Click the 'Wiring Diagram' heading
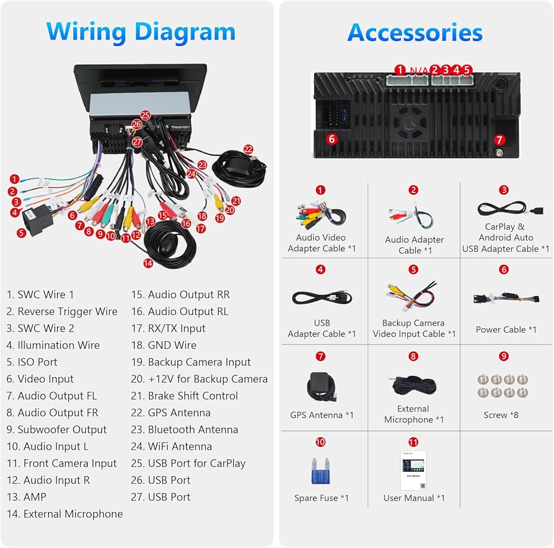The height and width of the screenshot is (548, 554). [x=141, y=32]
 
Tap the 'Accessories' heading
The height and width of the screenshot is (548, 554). [x=415, y=33]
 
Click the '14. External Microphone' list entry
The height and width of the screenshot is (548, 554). [x=65, y=514]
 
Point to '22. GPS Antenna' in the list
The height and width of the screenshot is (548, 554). [x=171, y=412]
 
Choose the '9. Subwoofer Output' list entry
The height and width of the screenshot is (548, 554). [x=57, y=430]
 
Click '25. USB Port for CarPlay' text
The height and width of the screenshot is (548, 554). [x=188, y=463]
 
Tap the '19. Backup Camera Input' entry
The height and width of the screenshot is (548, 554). [x=191, y=362]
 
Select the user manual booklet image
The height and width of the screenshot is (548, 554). [x=413, y=470]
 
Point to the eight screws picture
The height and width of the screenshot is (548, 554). [x=502, y=385]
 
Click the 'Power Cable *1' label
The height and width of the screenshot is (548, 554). [x=506, y=329]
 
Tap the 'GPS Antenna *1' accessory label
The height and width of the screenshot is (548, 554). [x=321, y=415]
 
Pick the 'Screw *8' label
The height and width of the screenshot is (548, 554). [x=501, y=415]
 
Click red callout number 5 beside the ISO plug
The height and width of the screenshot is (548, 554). [x=21, y=233]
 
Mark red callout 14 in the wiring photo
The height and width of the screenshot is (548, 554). [x=148, y=263]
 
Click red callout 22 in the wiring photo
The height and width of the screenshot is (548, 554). [x=248, y=149]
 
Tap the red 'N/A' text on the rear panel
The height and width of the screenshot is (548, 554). [x=419, y=70]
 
